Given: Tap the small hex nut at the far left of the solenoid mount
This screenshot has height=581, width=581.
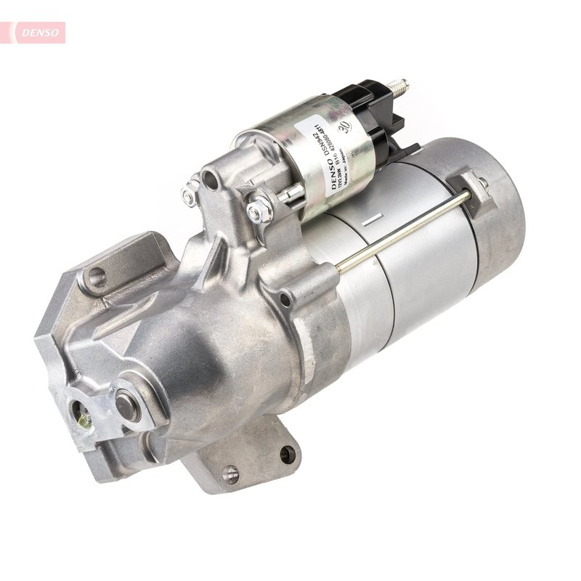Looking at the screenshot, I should [x=190, y=194].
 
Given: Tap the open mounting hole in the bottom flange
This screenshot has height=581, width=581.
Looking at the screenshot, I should [x=287, y=455].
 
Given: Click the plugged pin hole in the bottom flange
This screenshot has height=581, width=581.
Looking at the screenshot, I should [x=231, y=474].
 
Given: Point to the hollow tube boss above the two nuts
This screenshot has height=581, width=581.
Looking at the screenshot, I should [x=211, y=177].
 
